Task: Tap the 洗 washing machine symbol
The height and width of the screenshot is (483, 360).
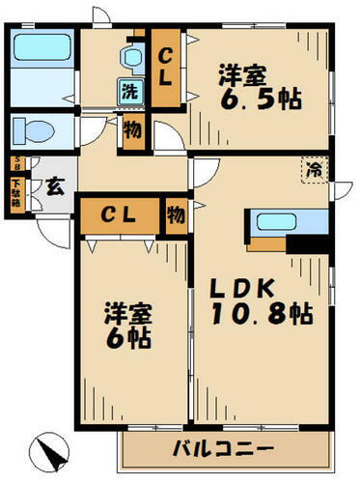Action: point(128,93)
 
